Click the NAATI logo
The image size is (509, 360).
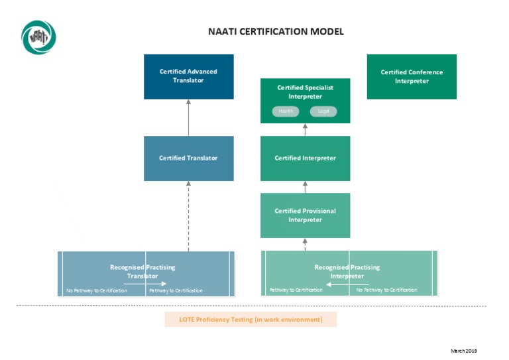(38, 37)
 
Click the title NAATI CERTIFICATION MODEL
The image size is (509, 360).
(276, 32)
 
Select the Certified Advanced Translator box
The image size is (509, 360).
(188, 76)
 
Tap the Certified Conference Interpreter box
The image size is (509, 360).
(412, 76)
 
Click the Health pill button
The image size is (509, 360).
(286, 111)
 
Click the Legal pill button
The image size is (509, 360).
(323, 111)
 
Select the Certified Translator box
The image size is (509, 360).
(188, 158)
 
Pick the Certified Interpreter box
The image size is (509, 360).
(305, 158)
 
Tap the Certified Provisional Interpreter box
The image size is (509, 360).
(305, 215)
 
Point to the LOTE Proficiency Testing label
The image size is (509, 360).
(251, 320)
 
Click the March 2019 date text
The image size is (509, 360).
(464, 351)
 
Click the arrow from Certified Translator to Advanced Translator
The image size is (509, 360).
(188, 117)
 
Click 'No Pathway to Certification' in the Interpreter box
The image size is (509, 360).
(386, 290)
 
